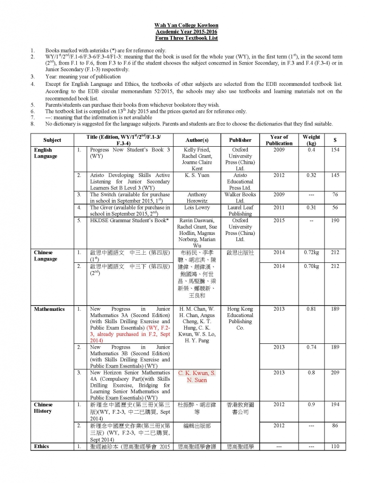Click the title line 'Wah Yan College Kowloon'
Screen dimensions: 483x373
click(x=186, y=25)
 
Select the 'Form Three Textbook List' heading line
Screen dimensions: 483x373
click(x=186, y=38)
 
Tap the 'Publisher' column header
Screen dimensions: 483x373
click(x=240, y=140)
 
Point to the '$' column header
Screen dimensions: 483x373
click(x=335, y=140)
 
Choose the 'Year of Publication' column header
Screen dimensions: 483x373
click(x=279, y=140)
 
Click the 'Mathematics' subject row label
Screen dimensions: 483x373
click(x=49, y=309)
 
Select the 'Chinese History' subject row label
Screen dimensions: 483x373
click(x=43, y=408)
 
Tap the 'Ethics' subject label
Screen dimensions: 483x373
click(x=41, y=446)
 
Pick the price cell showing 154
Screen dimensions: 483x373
click(x=335, y=150)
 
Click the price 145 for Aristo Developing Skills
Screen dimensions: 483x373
click(x=335, y=175)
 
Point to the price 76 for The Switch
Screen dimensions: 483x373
click(x=335, y=194)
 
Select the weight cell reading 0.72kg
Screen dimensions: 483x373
click(x=311, y=253)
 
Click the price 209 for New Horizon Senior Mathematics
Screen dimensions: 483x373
click(x=335, y=373)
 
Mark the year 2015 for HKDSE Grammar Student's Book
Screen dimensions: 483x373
click(x=279, y=220)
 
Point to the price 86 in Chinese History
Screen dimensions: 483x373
click(x=335, y=426)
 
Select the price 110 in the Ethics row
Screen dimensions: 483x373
click(x=335, y=446)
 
